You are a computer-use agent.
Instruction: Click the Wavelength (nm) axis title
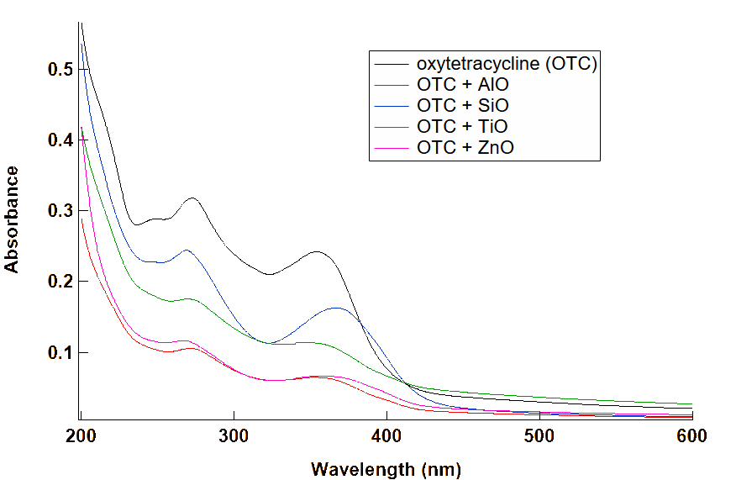(386, 468)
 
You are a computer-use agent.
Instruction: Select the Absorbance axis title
(13, 219)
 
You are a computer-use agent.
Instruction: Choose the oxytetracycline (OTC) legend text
(507, 63)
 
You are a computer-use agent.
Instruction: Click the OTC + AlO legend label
(463, 84)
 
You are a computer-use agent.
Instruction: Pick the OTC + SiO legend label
(463, 105)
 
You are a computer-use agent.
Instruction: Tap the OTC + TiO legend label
(463, 126)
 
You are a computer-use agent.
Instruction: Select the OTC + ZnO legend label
(465, 147)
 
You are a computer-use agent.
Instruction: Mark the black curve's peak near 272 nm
(192, 198)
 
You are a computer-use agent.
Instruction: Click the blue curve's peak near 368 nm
(337, 308)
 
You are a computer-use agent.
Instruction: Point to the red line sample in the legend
(391, 147)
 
